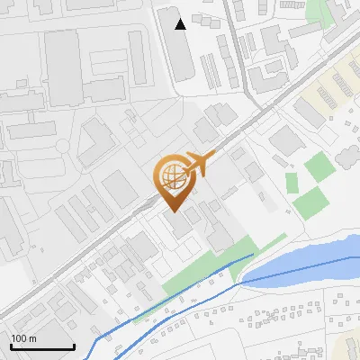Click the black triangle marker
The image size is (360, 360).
tap(181, 23)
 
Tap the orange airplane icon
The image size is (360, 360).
tap(199, 165)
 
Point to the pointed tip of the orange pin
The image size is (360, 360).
tap(172, 210)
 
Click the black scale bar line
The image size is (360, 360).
tap(42, 347)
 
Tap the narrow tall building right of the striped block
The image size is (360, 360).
tap(138, 58)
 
